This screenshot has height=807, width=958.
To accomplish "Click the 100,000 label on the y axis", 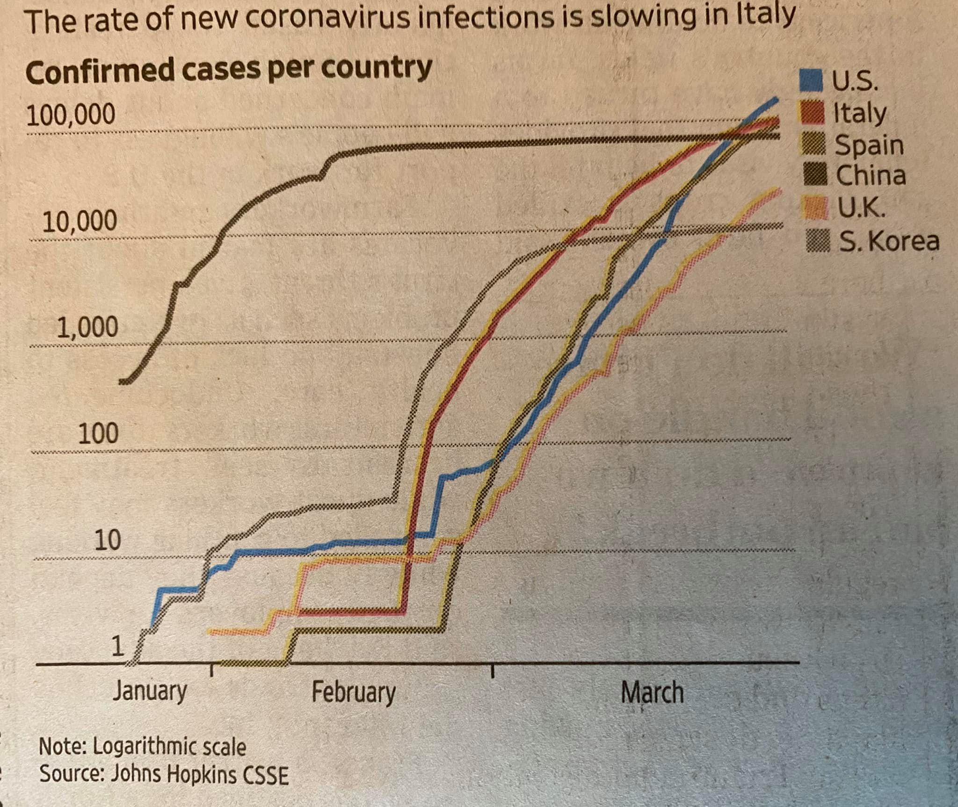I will point(71,115).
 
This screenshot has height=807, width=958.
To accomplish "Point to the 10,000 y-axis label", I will point(80,221).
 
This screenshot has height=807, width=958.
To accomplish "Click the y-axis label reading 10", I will point(108,540).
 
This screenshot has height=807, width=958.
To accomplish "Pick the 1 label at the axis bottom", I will point(117,647).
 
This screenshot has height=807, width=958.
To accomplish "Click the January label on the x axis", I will point(150,691).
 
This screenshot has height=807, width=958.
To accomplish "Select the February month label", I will point(354,692).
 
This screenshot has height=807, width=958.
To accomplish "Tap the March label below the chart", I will point(652,692).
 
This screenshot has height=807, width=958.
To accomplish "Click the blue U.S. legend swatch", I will point(810,80).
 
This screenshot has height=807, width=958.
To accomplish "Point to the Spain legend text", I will point(869,145).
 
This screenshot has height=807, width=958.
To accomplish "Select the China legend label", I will point(871,176).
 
